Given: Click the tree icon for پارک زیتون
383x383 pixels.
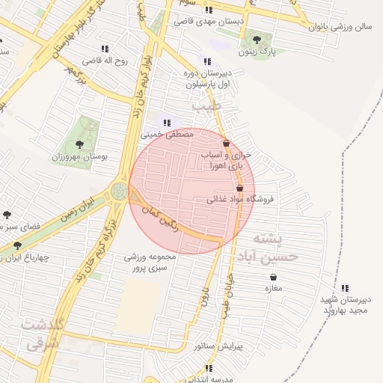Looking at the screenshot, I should point(257,39).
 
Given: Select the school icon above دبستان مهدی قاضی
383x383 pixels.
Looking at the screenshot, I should point(208,10).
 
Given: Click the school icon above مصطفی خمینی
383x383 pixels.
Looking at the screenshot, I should point(168,123).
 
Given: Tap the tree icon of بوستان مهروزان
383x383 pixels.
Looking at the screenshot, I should point(82,144).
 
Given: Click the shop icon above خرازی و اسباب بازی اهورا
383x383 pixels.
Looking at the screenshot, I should point(226,143).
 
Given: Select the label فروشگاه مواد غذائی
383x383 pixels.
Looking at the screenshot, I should point(241,199).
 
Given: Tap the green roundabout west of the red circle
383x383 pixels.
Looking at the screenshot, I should point(120,191).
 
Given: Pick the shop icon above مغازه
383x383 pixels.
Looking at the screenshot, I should point(274,277).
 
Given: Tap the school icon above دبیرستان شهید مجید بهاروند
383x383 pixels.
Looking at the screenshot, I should point(344,288).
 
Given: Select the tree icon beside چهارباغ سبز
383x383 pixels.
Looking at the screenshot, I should point(17,245).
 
